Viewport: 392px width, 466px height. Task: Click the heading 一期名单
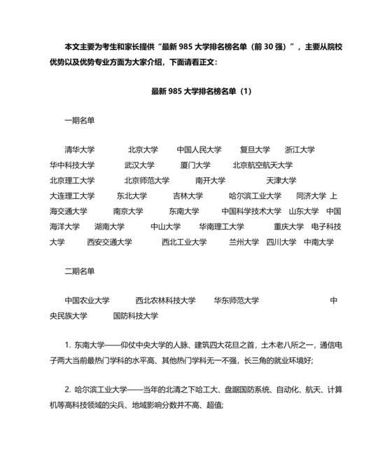(79, 121)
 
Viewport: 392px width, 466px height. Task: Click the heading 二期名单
(79, 271)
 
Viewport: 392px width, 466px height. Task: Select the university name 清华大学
(79, 150)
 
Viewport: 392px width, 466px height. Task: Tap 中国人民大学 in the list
(199, 150)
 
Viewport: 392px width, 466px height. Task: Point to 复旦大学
(255, 150)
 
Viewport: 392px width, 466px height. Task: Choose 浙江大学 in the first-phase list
(300, 150)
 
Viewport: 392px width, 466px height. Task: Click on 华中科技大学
(71, 165)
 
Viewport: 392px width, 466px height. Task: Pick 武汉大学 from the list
(139, 165)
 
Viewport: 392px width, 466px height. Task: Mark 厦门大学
(195, 165)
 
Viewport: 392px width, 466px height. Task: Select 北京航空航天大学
(262, 165)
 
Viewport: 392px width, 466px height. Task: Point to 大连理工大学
(71, 196)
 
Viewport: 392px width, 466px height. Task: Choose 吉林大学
(188, 196)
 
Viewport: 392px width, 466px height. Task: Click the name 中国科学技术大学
(251, 211)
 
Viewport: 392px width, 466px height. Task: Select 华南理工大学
(221, 226)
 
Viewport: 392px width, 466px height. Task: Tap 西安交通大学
(109, 242)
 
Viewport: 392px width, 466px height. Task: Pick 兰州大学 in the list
(244, 242)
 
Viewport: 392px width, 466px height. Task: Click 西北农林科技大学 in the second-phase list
(166, 301)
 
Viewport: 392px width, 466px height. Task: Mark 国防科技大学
(135, 316)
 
